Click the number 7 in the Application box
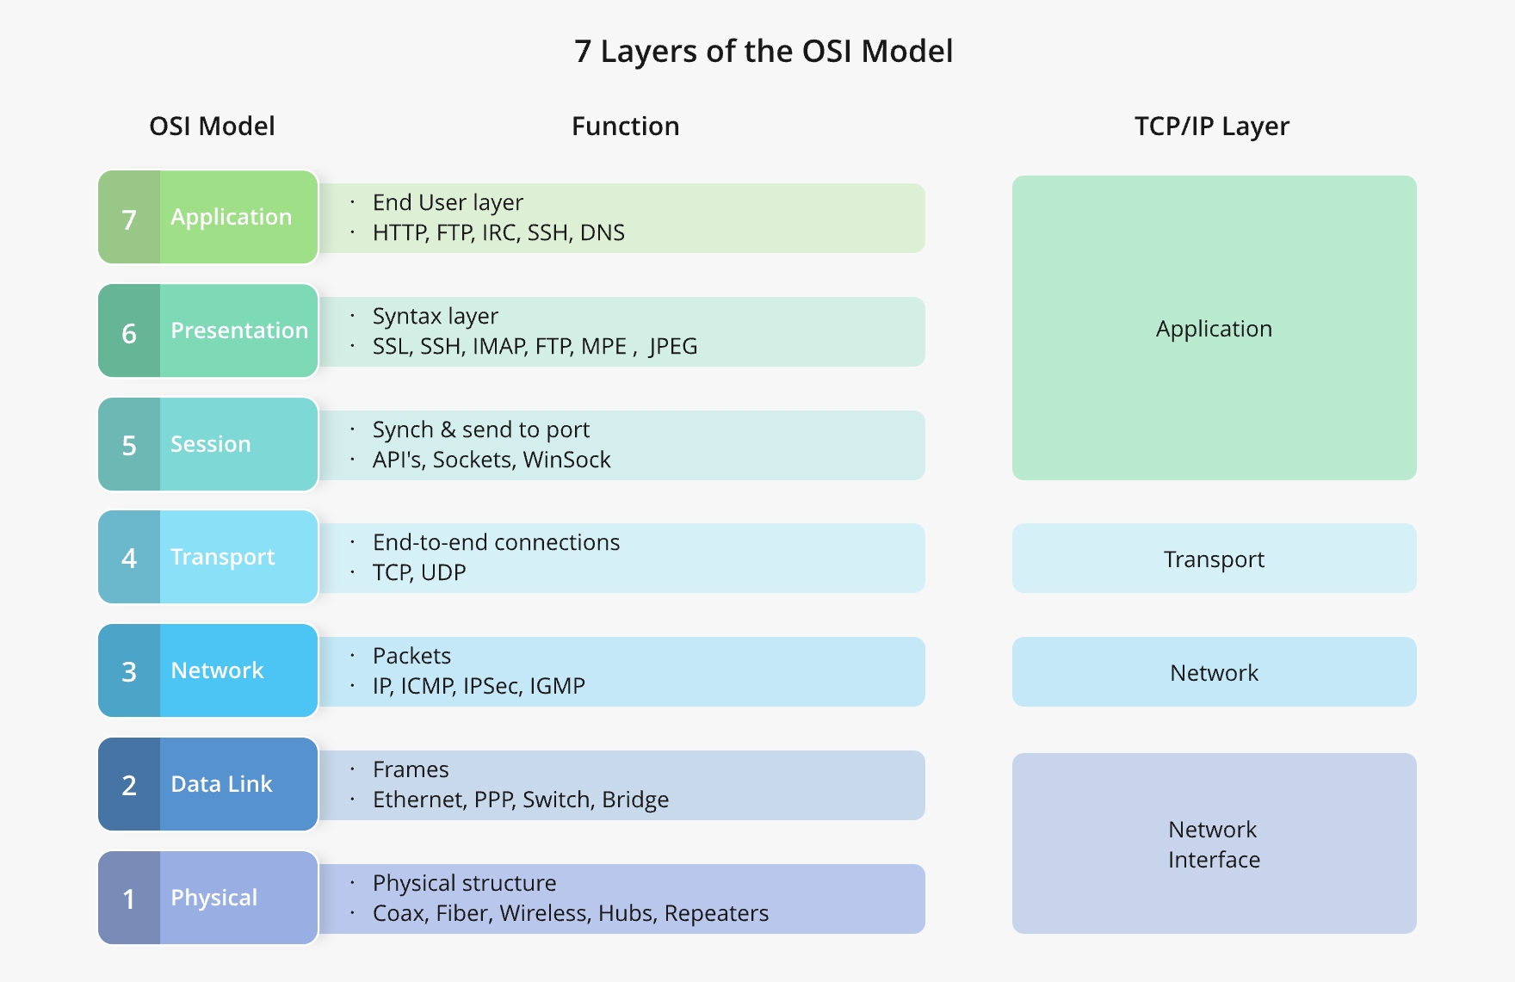pyautogui.click(x=129, y=219)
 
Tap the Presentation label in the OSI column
pyautogui.click(x=238, y=330)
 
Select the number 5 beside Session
pyautogui.click(x=129, y=446)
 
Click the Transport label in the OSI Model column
pyautogui.click(x=222, y=557)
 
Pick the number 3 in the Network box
pyautogui.click(x=129, y=672)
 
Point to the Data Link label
pyautogui.click(x=221, y=784)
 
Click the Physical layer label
pyautogui.click(x=213, y=898)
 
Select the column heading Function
pyautogui.click(x=625, y=127)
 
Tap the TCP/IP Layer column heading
pyautogui.click(x=1211, y=127)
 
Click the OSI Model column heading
pyautogui.click(x=212, y=127)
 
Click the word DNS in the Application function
pyautogui.click(x=602, y=233)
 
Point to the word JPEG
pyautogui.click(x=673, y=347)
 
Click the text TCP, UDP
pyautogui.click(x=419, y=573)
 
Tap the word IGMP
pyautogui.click(x=557, y=687)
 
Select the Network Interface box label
pyautogui.click(x=1214, y=844)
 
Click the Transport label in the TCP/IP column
pyautogui.click(x=1214, y=559)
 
